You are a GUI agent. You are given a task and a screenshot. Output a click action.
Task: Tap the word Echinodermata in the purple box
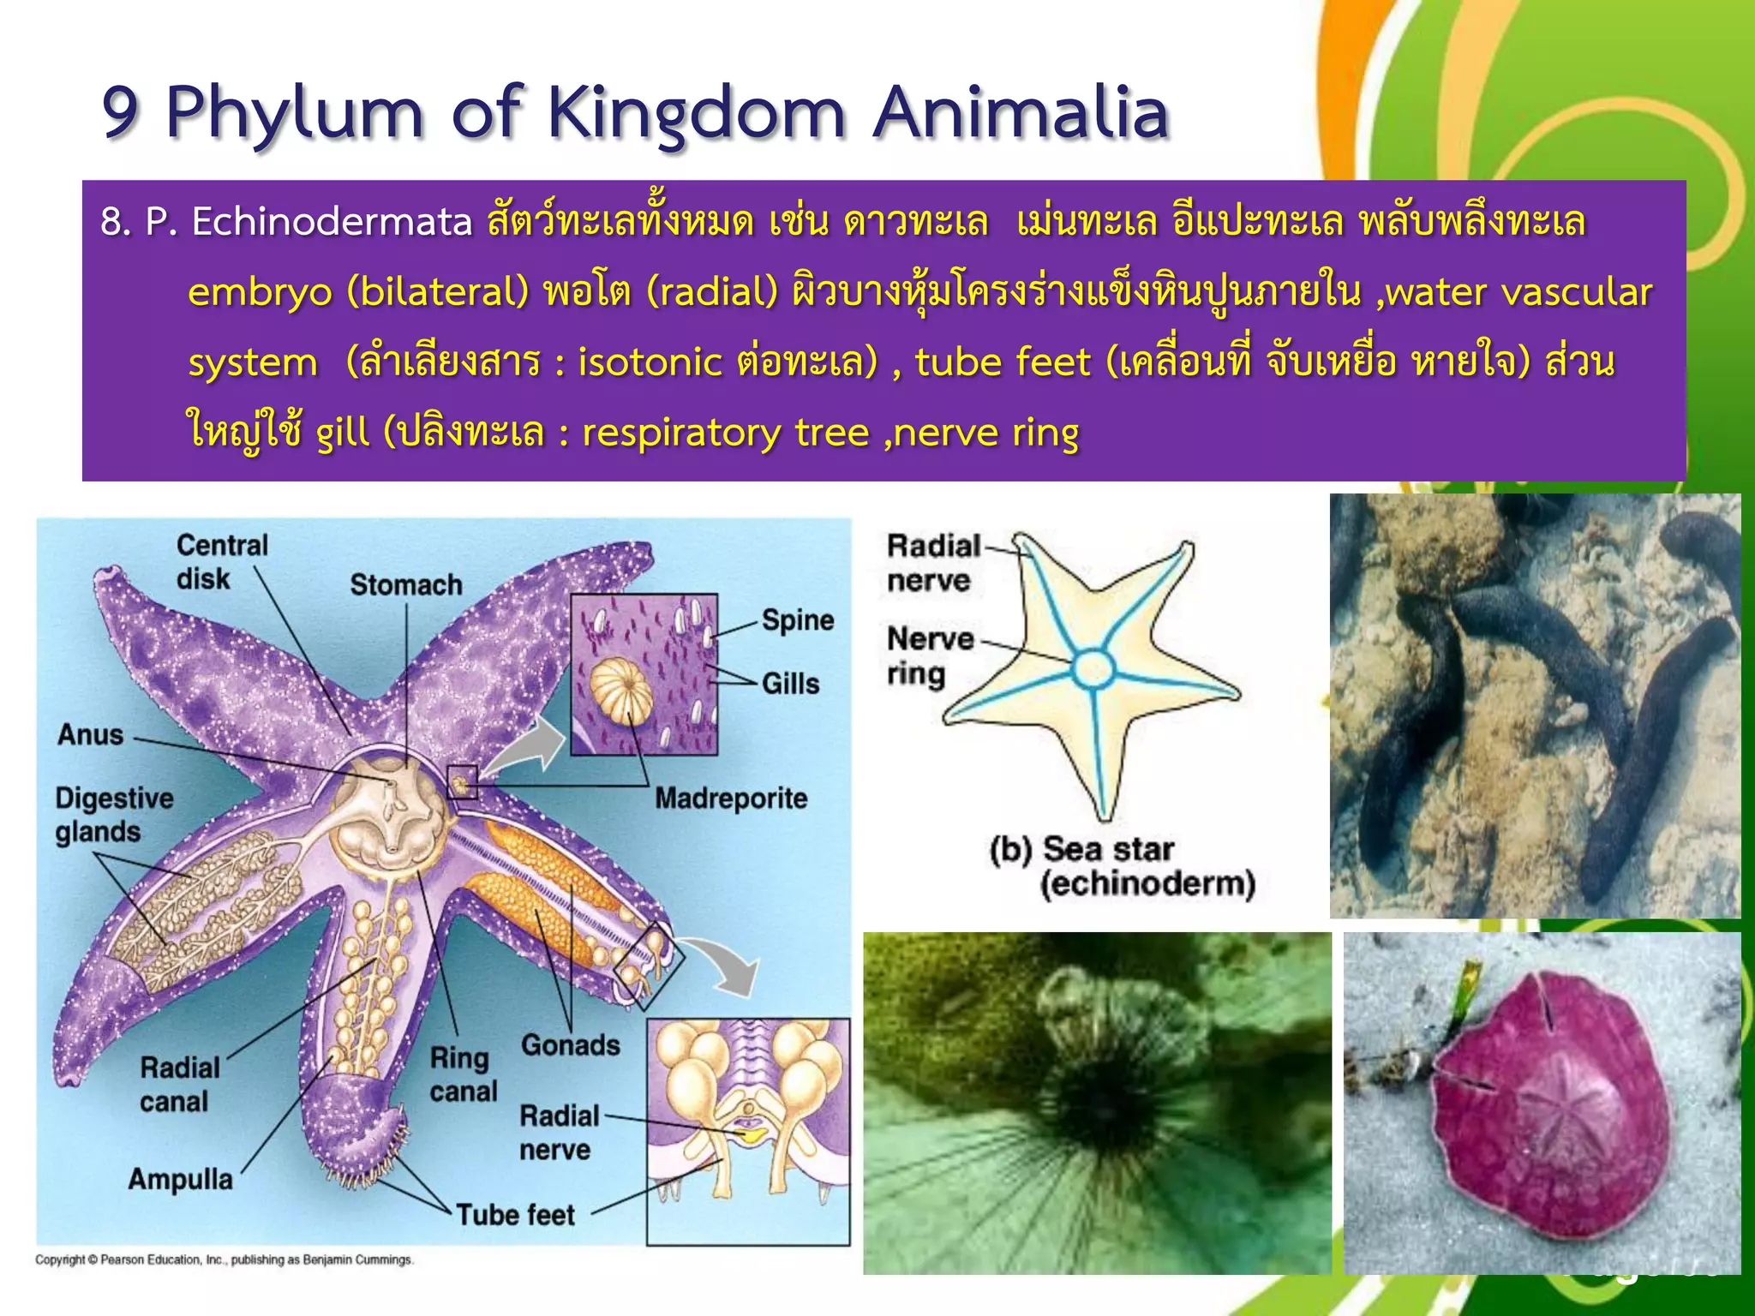pos(332,223)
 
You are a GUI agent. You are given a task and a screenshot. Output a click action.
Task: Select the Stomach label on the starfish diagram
pos(405,585)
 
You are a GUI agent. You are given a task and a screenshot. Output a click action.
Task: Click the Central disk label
pos(221,561)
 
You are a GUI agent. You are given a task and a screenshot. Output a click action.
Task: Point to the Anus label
pos(91,735)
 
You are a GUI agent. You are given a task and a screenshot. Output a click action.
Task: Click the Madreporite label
pos(731,799)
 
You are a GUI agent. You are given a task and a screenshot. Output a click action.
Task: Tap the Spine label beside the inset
pos(797,620)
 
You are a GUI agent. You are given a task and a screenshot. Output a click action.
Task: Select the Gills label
pos(790,684)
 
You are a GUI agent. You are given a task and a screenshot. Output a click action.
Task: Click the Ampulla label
pos(180,1180)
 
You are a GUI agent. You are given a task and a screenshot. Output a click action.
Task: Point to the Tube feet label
pos(515,1215)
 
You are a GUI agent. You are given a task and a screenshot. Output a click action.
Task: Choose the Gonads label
pos(570,1045)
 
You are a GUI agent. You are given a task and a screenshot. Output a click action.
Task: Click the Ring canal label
pos(463,1074)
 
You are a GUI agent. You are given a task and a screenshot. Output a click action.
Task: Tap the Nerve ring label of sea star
pos(930,656)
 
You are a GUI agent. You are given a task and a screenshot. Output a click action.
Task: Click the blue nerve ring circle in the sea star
pos(1094,668)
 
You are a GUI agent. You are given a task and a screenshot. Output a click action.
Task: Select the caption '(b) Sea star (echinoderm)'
pos(1122,866)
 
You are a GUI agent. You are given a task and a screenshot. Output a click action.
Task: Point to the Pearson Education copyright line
pos(225,1259)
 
